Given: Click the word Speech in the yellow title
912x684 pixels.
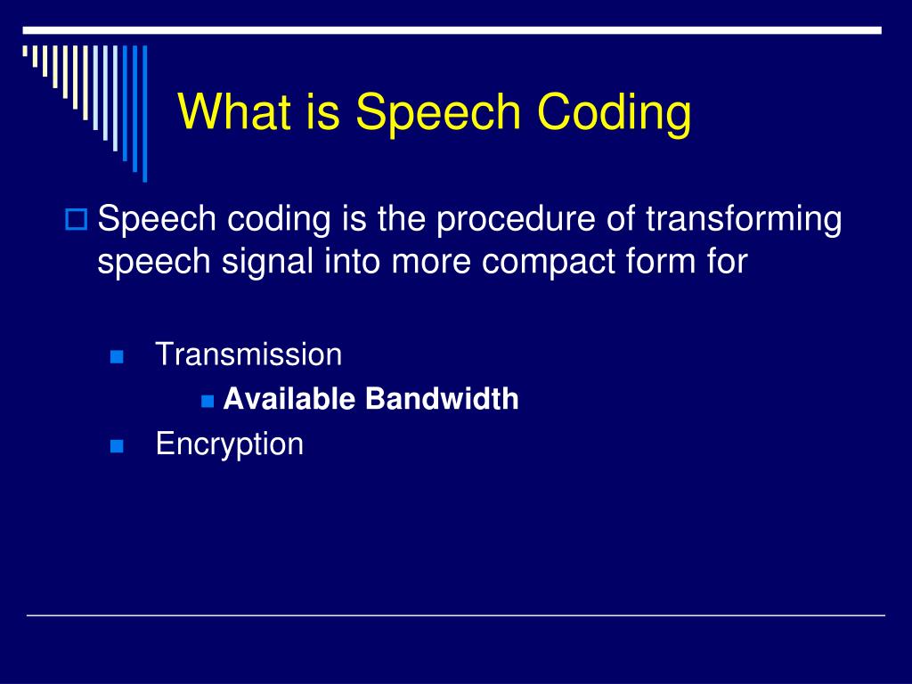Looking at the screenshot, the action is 438,113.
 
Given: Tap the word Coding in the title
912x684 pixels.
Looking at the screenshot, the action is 615,113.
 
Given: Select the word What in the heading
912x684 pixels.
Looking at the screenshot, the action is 234,110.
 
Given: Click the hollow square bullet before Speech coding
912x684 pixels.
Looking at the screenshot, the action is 77,219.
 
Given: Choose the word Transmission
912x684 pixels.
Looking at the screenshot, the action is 249,354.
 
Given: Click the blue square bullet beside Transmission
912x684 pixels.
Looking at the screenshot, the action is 117,356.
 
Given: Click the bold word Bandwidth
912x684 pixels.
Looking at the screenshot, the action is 442,399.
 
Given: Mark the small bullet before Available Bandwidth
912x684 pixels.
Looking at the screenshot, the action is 208,402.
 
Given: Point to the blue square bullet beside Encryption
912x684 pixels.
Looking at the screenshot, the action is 117,446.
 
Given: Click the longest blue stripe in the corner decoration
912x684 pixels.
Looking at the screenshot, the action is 145,113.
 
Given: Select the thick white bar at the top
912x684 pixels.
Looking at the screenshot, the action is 452,30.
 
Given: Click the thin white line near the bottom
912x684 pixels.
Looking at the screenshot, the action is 456,615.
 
